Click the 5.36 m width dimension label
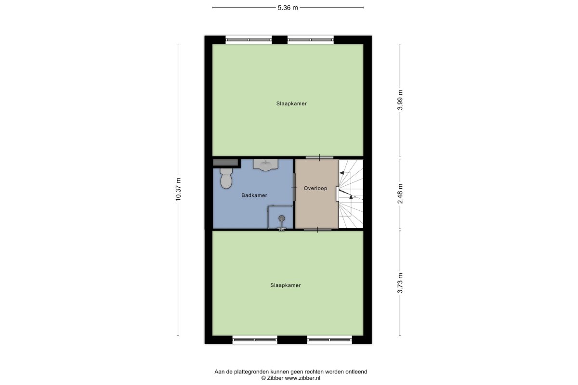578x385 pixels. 288,8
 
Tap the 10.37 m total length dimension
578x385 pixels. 178,189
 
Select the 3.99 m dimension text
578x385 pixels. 400,100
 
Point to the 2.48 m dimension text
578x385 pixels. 400,193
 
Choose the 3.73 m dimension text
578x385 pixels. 400,283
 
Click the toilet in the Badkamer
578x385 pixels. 226,178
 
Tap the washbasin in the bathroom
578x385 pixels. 265,165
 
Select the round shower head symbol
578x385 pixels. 281,218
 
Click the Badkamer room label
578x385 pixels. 254,195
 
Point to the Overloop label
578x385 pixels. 315,188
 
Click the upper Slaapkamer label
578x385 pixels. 291,103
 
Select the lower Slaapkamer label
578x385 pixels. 286,285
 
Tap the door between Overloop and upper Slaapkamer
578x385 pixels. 319,157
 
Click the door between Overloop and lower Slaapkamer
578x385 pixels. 317,230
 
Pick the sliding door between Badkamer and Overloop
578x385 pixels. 294,187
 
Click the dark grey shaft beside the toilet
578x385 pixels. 225,163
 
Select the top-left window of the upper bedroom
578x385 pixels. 249,40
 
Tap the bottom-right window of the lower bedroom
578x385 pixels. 329,340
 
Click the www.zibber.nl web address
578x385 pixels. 302,378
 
